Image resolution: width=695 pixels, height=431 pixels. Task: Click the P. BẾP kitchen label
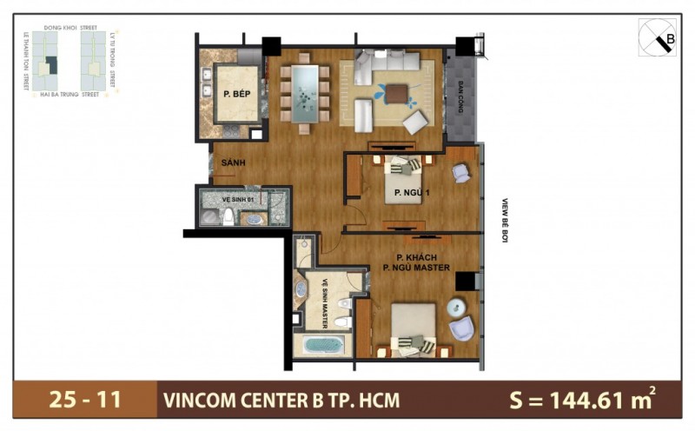pyautogui.click(x=230, y=96)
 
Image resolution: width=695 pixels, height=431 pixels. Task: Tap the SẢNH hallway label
pyautogui.click(x=233, y=162)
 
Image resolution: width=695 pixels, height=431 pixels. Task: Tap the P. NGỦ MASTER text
pyautogui.click(x=416, y=268)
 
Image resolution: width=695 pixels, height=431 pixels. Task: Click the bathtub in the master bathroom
pyautogui.click(x=323, y=344)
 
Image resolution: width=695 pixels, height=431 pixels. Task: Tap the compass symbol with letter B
pyautogui.click(x=660, y=37)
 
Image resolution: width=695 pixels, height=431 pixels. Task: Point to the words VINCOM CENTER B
pyautogui.click(x=248, y=401)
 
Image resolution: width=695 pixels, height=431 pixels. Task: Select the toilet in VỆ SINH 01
pyautogui.click(x=228, y=216)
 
